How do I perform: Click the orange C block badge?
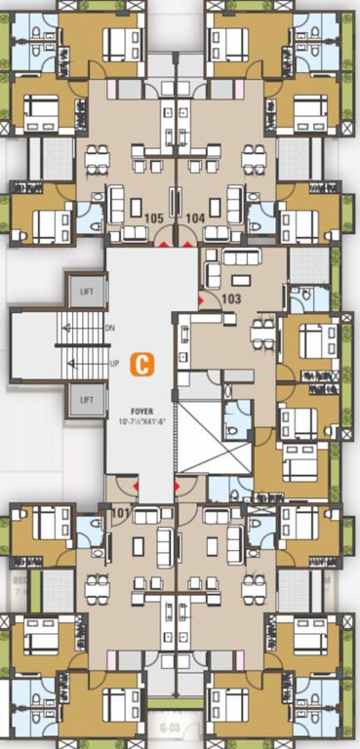[x=142, y=365]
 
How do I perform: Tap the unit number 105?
[x=153, y=218]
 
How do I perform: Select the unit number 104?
[x=195, y=218]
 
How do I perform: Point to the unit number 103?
[x=231, y=298]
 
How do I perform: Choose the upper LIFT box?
[x=87, y=290]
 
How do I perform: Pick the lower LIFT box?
[x=87, y=399]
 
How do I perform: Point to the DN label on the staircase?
[x=110, y=329]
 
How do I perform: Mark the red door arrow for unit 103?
[x=200, y=302]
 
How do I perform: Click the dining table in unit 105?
[x=96, y=157]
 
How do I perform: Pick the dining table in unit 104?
[x=254, y=157]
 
